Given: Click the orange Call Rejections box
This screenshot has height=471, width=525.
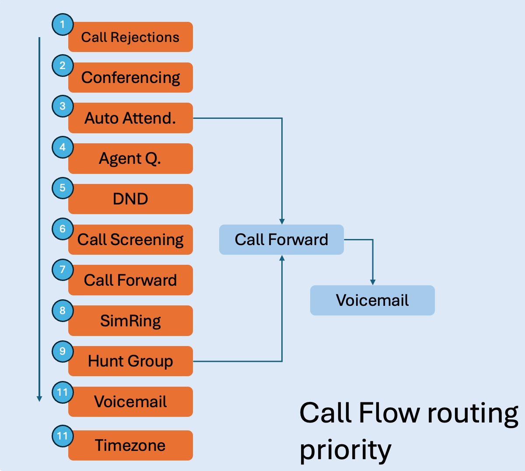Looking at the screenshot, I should tap(130, 37).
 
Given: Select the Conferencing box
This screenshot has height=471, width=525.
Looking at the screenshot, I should tap(130, 78).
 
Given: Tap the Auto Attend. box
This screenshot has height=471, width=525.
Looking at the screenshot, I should tap(130, 118).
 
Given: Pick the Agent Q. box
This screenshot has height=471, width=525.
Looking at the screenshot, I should tap(130, 159).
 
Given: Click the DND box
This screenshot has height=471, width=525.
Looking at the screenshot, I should tap(130, 199).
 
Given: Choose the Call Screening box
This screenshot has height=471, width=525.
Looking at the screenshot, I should tap(130, 239).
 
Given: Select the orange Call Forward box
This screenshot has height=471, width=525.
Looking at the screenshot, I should tap(130, 280).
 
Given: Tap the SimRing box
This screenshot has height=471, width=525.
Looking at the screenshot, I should tap(130, 321).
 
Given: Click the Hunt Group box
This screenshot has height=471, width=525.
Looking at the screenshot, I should tap(130, 361).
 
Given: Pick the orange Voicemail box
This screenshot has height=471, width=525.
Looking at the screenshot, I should tap(130, 402).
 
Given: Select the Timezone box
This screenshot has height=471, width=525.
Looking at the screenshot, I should tap(130, 445).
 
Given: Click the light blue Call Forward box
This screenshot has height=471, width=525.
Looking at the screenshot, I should tap(281, 239).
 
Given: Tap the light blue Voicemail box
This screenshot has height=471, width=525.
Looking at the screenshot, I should tap(372, 300).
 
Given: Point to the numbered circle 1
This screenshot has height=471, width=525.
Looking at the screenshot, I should tap(63, 24).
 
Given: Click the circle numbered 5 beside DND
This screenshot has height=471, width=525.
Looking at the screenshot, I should tap(63, 188).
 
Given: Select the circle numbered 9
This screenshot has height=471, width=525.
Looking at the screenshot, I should tap(63, 351).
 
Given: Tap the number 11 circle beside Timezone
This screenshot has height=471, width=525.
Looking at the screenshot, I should tap(63, 436).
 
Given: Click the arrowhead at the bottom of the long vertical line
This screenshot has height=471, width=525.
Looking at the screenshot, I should tap(39, 398).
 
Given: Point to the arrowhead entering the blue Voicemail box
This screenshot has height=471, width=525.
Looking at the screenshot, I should tap(373, 282).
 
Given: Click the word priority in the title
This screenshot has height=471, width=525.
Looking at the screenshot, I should tap(345, 450).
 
